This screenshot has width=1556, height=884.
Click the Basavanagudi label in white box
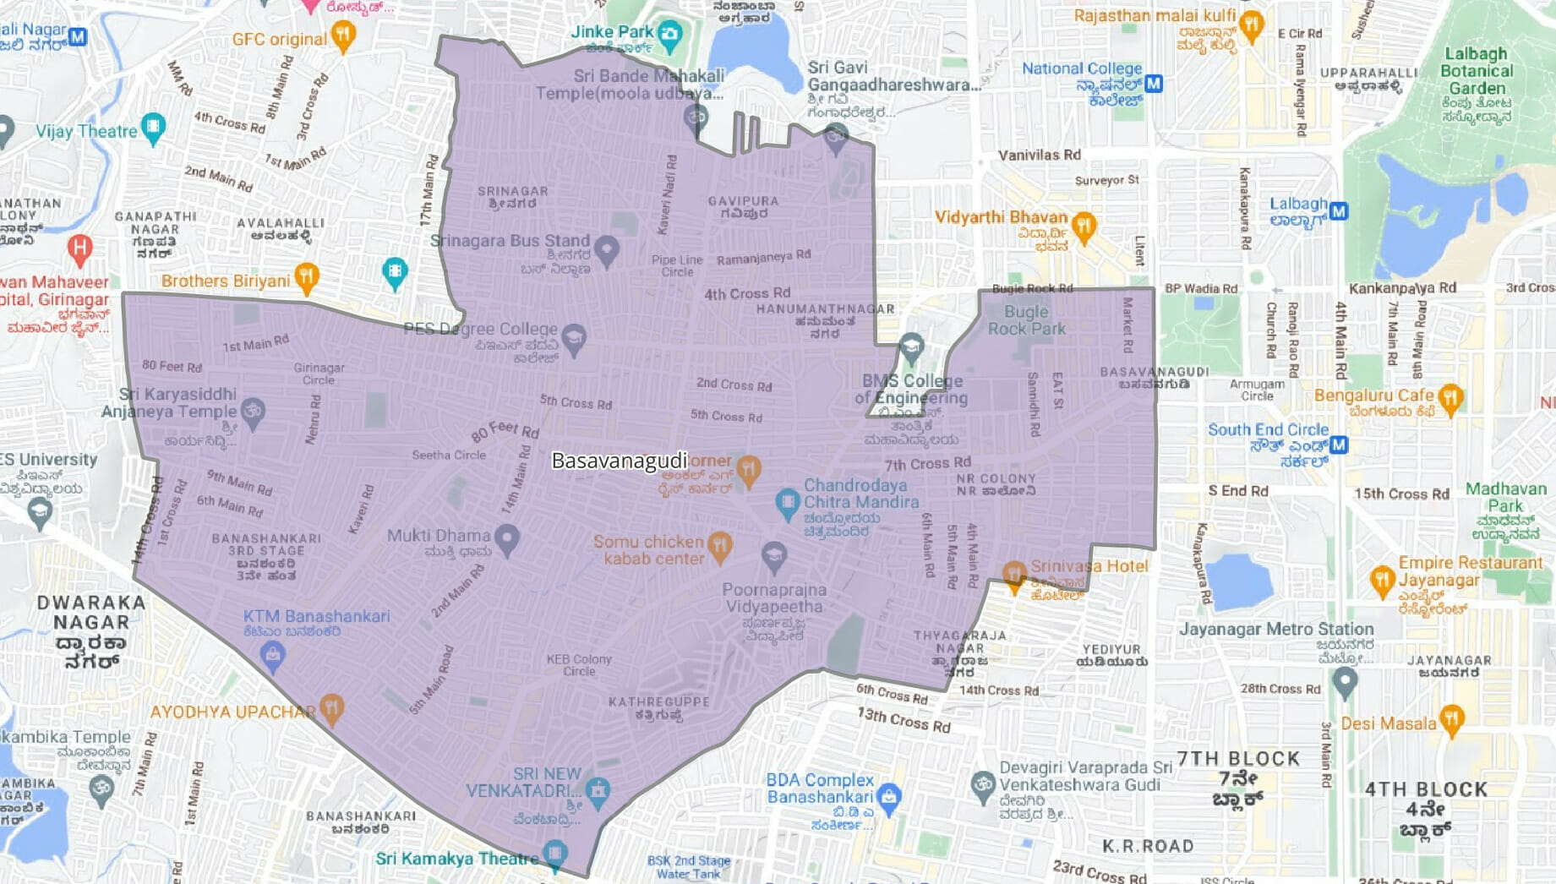pos(619,461)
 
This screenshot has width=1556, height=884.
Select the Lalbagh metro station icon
pos(1338,210)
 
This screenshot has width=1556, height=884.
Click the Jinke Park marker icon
pos(669,35)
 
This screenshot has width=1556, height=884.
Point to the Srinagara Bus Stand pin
pos(606,250)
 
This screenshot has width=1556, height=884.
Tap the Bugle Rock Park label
pos(1026,320)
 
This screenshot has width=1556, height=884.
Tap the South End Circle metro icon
pos(1338,445)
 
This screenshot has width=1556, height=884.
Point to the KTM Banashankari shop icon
pos(272,654)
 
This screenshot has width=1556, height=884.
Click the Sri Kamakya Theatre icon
pos(554,853)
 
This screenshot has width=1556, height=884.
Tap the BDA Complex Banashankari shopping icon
pos(888,796)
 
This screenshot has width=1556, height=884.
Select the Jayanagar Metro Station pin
pos(1344,680)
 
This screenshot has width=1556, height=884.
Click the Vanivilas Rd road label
pos(1039,155)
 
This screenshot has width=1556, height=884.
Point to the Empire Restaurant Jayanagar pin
pos(1381,580)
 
